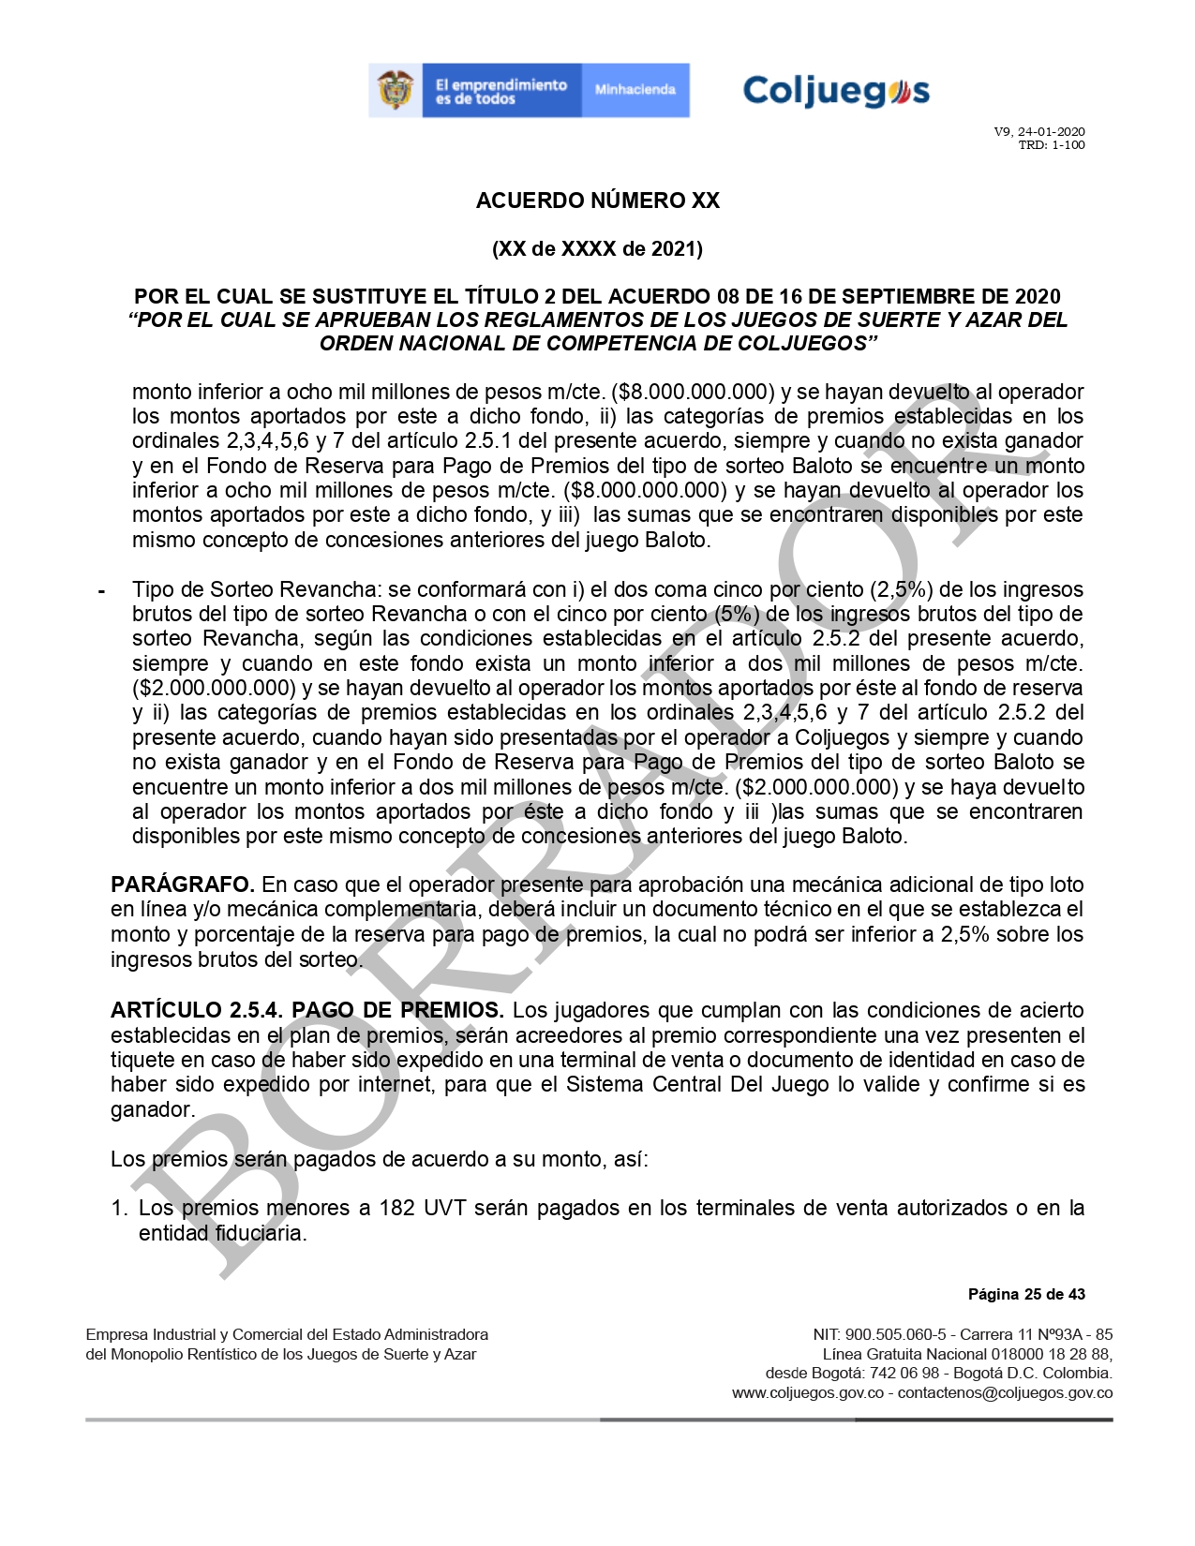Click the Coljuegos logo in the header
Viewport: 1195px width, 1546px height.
835,91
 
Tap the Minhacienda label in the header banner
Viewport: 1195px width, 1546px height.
635,90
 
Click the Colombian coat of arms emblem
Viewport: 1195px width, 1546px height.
396,91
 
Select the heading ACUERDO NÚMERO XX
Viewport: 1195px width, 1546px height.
597,201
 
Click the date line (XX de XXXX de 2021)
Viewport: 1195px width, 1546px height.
597,249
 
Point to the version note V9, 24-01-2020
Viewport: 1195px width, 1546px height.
1039,132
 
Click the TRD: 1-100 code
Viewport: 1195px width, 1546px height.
1052,145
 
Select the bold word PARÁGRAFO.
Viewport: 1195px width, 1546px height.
183,884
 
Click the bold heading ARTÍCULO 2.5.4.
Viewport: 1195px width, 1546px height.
197,1011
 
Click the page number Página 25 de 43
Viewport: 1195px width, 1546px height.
1026,1295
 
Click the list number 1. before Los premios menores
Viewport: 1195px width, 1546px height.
119,1209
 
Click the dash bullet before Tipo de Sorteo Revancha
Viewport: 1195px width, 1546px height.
101,591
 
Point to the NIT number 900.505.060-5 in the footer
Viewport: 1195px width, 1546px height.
896,1334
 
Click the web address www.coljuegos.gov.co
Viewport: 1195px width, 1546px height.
807,1393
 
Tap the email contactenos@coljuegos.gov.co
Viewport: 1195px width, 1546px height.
1005,1393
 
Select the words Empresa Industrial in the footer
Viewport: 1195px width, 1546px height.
150,1334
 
